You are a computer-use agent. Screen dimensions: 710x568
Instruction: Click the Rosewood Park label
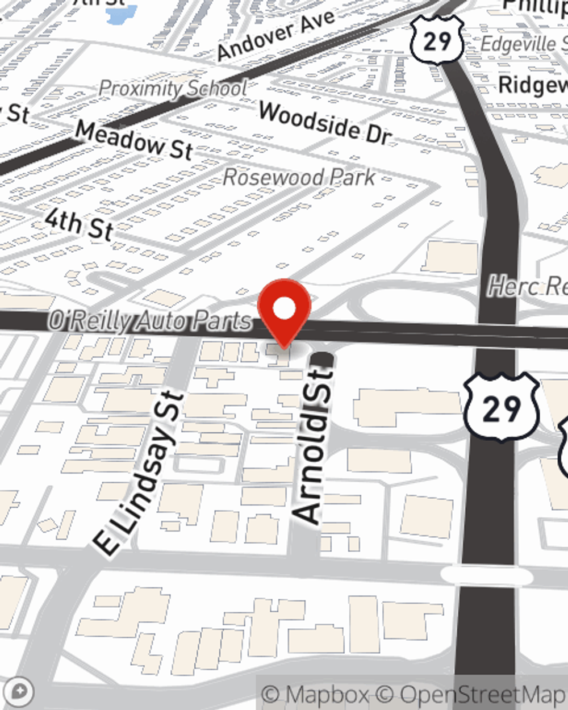click(x=299, y=177)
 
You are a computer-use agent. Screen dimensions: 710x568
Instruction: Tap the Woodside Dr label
click(x=325, y=123)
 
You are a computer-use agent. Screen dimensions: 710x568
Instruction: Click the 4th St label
click(x=80, y=224)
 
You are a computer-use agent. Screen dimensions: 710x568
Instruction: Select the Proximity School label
click(x=173, y=88)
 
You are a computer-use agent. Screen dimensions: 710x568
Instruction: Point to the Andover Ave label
click(x=276, y=35)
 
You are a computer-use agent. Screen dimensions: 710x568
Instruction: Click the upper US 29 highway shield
click(x=437, y=40)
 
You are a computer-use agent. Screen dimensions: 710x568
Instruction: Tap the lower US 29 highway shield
click(x=502, y=407)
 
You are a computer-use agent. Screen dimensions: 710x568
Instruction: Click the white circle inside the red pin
click(x=285, y=308)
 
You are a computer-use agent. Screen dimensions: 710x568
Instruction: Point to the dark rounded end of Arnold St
click(x=323, y=358)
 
